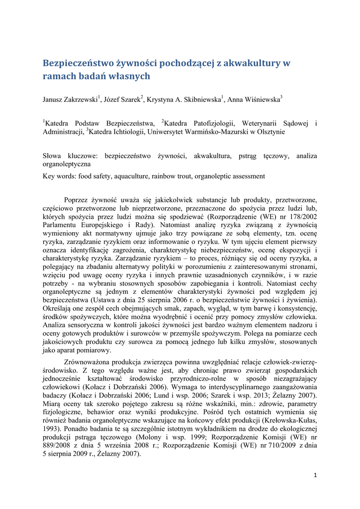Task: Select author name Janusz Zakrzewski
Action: coord(70,100)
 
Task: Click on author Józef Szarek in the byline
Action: coord(122,100)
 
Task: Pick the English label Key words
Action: coord(59,176)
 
